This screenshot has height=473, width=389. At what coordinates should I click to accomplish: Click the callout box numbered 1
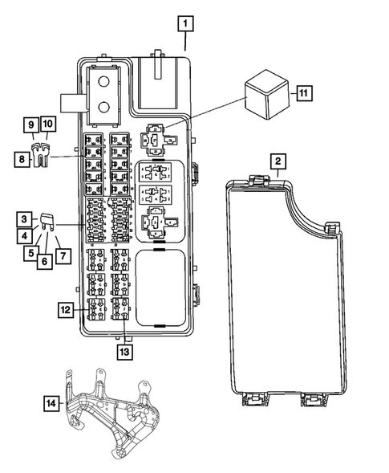click(185, 24)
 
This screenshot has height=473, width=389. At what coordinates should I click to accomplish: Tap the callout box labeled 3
click(26, 218)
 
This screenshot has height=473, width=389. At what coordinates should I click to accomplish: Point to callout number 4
click(26, 236)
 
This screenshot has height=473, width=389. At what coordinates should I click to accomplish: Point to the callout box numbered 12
click(67, 308)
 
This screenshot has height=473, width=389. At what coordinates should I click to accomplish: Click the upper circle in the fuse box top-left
click(103, 81)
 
